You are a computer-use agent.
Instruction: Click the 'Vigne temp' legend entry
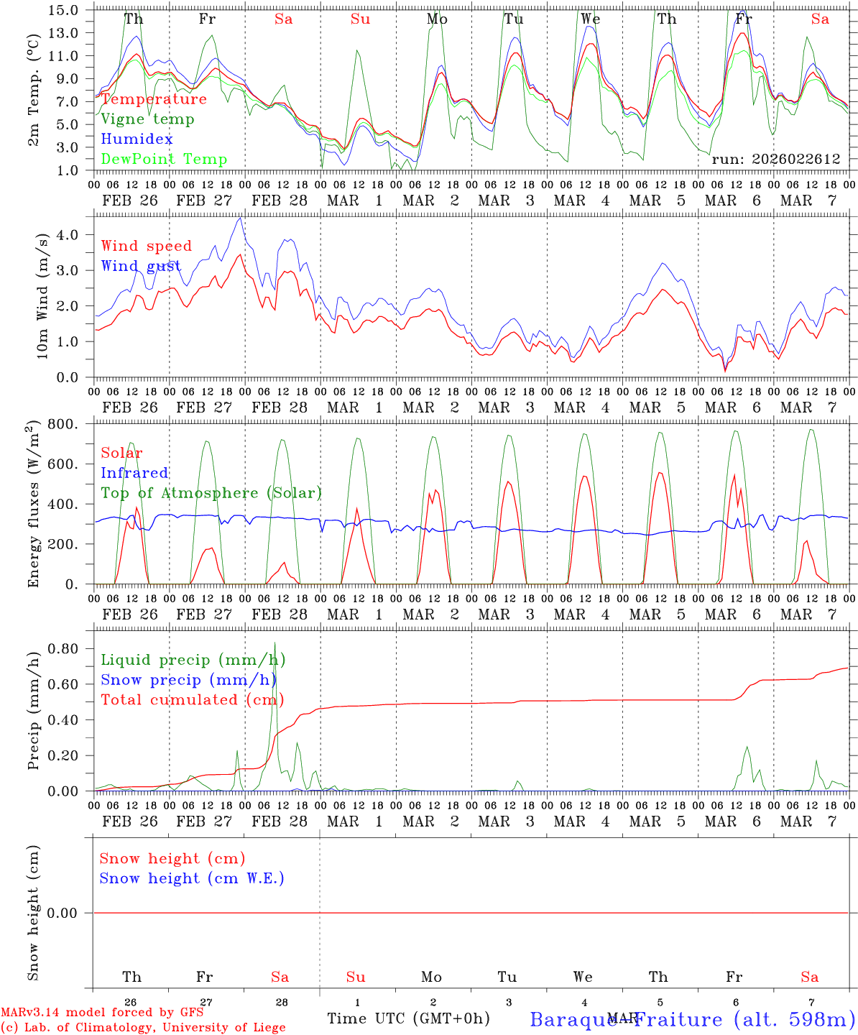click(x=147, y=119)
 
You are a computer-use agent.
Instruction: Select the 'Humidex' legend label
click(x=137, y=139)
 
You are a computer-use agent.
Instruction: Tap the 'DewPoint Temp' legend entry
click(x=164, y=160)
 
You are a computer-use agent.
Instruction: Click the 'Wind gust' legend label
click(x=141, y=266)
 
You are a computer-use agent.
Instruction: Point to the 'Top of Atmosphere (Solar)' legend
click(x=211, y=493)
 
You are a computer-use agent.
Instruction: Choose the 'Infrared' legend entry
click(x=134, y=473)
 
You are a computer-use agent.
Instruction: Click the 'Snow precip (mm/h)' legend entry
click(x=188, y=680)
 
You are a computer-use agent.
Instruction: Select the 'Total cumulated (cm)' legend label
click(x=192, y=700)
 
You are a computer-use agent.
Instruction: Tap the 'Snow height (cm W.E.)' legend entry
click(x=192, y=878)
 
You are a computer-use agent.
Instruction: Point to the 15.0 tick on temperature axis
click(x=65, y=10)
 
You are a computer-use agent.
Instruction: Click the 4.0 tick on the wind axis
click(x=68, y=235)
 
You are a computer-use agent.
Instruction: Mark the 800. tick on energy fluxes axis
click(x=64, y=424)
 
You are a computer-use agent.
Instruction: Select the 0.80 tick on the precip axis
click(x=65, y=649)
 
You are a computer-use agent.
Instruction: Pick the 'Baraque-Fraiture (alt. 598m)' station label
click(x=693, y=1019)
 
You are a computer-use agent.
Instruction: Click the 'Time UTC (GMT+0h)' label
click(x=408, y=1018)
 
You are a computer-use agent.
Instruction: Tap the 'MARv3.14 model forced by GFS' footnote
click(x=102, y=1013)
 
